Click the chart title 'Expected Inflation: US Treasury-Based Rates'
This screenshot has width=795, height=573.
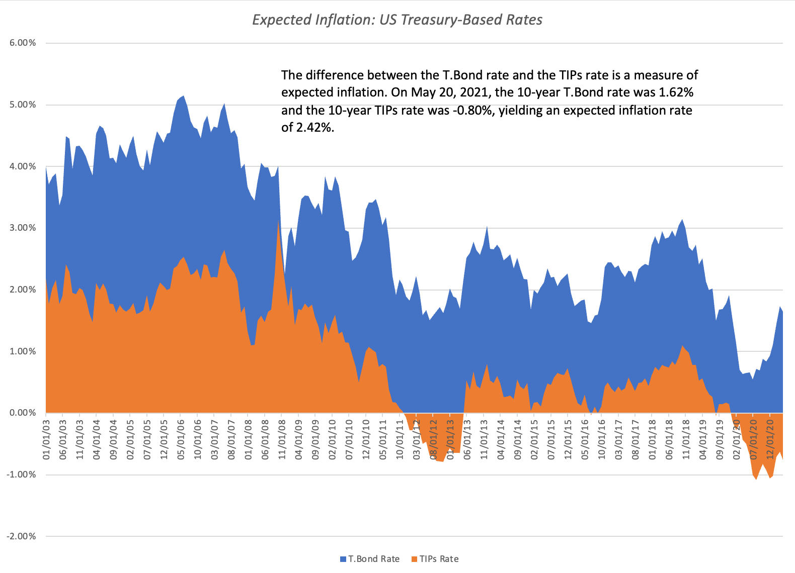point(397,20)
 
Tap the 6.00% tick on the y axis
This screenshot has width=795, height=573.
point(23,43)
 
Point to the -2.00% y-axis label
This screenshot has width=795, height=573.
point(21,536)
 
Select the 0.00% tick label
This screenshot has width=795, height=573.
point(23,413)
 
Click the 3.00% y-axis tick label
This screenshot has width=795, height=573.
point(23,228)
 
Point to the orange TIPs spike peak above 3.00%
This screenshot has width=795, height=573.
point(278,221)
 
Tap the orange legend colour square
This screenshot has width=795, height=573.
point(415,559)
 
